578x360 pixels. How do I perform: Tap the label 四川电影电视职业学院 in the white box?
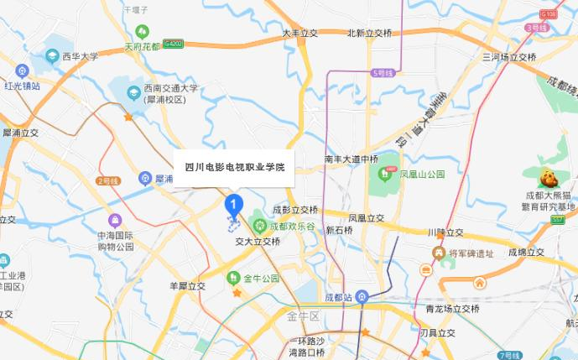coord(234,167)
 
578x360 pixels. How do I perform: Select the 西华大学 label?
coord(80,57)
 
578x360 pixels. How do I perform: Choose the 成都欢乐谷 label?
coord(293,227)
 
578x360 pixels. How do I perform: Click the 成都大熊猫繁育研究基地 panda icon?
coord(549,177)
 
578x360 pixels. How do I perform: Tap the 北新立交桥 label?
coord(369,34)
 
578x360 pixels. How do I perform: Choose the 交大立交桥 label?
coord(258,241)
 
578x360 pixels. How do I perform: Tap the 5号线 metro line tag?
coord(382,73)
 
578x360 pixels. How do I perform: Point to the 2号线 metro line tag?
coord(109,180)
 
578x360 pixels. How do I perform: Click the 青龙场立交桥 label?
coord(453,309)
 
